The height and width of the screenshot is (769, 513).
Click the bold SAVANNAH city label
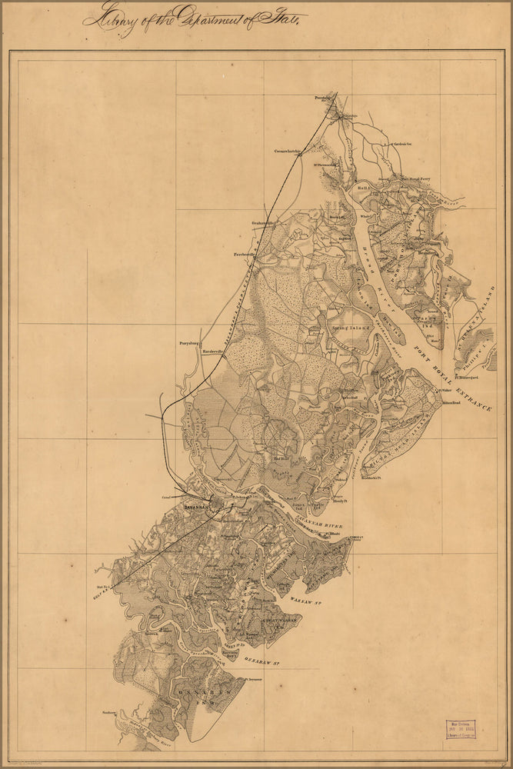(x=199, y=508)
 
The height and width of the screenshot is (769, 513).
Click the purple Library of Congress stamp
(x=461, y=730)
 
